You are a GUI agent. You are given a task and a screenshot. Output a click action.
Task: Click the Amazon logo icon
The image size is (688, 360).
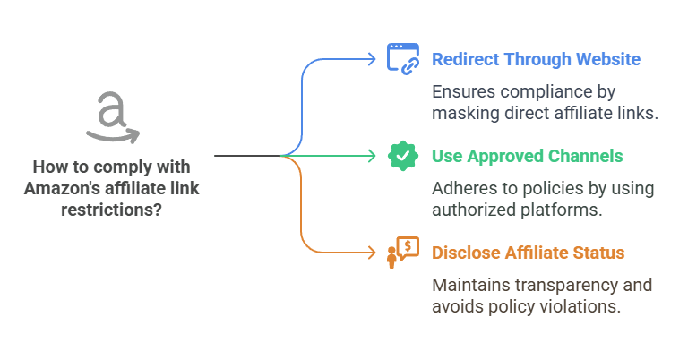pyautogui.click(x=113, y=117)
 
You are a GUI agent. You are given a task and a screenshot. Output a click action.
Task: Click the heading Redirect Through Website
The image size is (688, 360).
pyautogui.click(x=536, y=60)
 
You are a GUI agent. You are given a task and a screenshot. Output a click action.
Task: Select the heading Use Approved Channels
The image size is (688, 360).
pyautogui.click(x=528, y=156)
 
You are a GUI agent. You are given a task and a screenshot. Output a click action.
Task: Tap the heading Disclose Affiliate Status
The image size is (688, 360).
pyautogui.click(x=528, y=253)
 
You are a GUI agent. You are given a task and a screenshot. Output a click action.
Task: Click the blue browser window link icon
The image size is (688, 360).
pyautogui.click(x=403, y=57)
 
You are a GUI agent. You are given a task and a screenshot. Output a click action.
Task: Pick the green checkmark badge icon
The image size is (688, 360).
pyautogui.click(x=403, y=156)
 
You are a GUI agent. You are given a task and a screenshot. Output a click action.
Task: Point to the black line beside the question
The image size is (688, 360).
pyautogui.click(x=247, y=156)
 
